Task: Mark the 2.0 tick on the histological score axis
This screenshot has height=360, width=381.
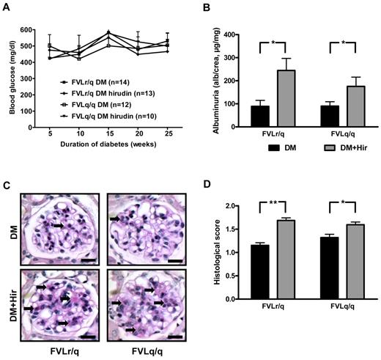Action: pyautogui.click(x=228, y=205)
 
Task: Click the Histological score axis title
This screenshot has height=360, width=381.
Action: pyautogui.click(x=207, y=252)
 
